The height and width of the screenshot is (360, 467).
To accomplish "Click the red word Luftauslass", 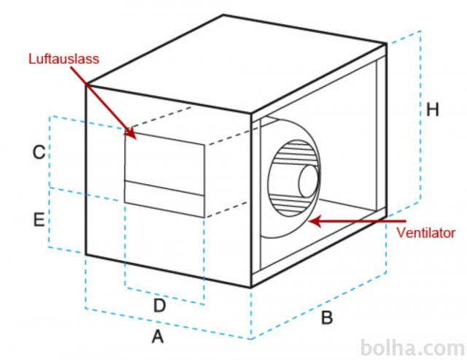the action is tap(63, 58).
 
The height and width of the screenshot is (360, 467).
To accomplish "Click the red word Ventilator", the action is tap(426, 233).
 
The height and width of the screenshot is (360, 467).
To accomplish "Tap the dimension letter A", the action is tap(158, 337).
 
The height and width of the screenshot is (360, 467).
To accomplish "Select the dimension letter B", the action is tap(327, 317).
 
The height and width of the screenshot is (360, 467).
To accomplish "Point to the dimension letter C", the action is tap(39, 153).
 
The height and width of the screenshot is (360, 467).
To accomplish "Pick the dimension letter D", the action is tap(159, 305).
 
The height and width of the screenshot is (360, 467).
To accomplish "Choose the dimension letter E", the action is tap(39, 220).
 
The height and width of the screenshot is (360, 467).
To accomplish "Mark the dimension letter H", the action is tap(433, 110).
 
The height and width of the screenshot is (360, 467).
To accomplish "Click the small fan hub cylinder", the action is tap(309, 181).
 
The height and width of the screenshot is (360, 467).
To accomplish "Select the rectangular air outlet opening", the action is tap(164, 175).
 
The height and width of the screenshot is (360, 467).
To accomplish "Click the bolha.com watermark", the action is tap(412, 348).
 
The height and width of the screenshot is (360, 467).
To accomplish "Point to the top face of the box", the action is tap(235, 64).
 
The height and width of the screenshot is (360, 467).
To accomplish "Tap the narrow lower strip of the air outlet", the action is tap(164, 199).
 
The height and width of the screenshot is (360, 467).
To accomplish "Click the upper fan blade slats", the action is tap(295, 153).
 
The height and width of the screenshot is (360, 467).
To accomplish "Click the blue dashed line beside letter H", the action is tap(421, 115).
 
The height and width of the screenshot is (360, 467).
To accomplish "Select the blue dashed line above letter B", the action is tap(319, 305).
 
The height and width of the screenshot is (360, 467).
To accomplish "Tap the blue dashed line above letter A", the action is tap(168, 323).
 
